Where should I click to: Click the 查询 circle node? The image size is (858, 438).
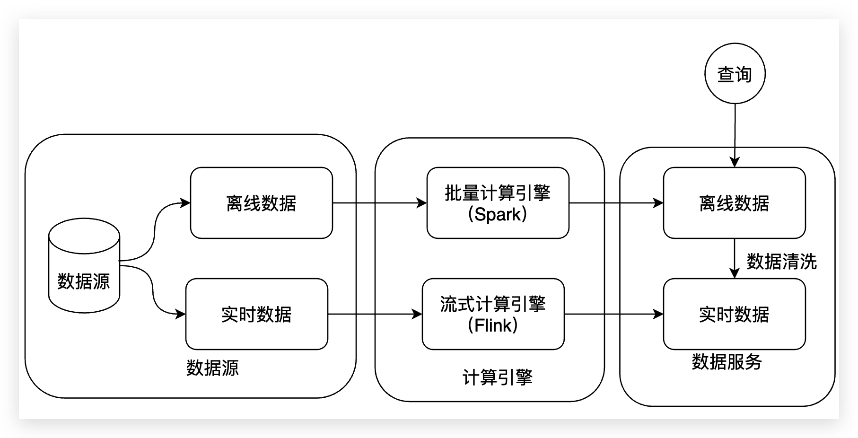click(x=735, y=74)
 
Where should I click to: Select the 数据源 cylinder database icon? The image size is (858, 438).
click(x=84, y=265)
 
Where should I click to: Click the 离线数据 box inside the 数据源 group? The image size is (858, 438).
click(x=261, y=203)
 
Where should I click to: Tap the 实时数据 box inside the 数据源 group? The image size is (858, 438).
click(x=256, y=314)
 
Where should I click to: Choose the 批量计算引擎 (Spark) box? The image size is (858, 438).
click(x=498, y=203)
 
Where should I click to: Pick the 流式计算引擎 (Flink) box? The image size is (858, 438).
click(x=493, y=314)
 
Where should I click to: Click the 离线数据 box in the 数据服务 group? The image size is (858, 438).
click(x=734, y=203)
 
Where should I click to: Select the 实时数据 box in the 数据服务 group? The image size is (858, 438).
click(x=734, y=314)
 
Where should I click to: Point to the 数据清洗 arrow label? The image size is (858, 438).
click(x=781, y=262)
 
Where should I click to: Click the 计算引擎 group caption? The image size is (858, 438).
click(x=498, y=377)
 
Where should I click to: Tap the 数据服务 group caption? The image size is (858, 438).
click(x=727, y=362)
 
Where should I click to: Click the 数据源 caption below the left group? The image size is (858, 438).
click(x=212, y=368)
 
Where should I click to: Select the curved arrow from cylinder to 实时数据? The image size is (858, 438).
click(x=153, y=289)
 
